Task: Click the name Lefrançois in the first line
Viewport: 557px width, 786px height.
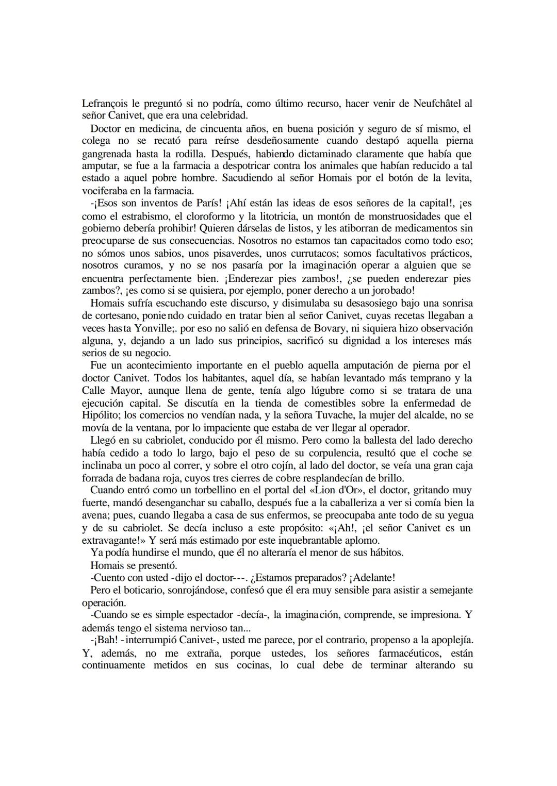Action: [x=104, y=104]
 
